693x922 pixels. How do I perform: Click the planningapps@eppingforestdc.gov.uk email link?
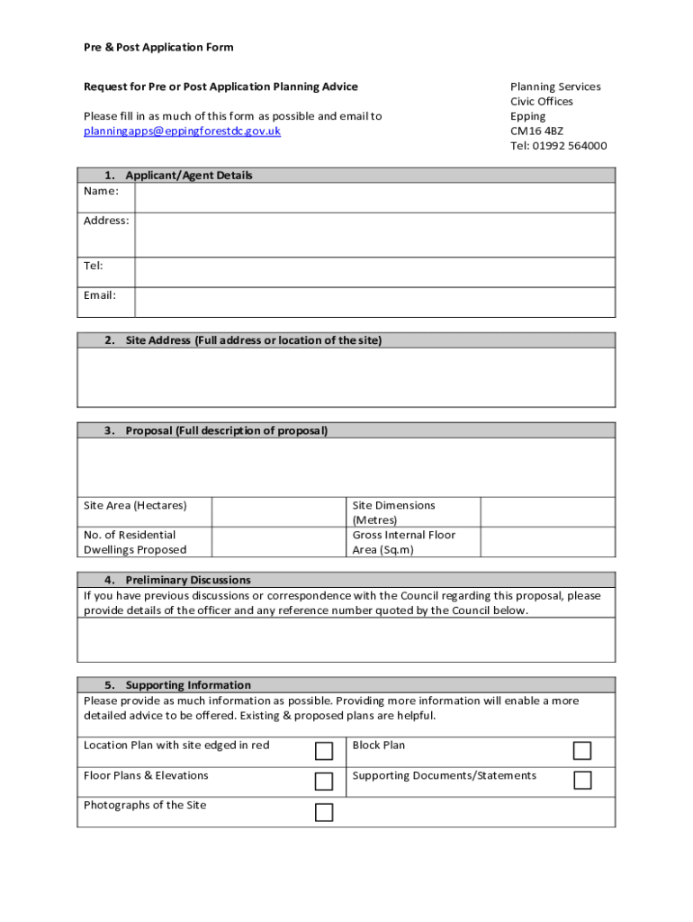(182, 131)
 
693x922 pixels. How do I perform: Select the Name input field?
(374, 197)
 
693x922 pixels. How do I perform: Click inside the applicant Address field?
(374, 234)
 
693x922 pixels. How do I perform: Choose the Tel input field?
(374, 272)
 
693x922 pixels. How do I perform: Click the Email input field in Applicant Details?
(374, 302)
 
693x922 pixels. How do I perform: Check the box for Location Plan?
(324, 751)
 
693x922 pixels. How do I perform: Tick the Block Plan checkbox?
(582, 751)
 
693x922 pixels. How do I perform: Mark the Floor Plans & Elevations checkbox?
(324, 781)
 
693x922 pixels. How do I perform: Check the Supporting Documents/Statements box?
(582, 781)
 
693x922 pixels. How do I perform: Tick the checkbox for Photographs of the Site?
(324, 813)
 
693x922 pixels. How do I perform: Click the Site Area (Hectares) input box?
(278, 512)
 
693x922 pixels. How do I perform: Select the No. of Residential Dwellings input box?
(278, 542)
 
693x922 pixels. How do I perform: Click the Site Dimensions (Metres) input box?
(547, 512)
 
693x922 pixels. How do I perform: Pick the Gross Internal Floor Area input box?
(547, 542)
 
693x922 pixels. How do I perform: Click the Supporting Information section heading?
(187, 685)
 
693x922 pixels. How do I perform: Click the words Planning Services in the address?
(555, 86)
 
